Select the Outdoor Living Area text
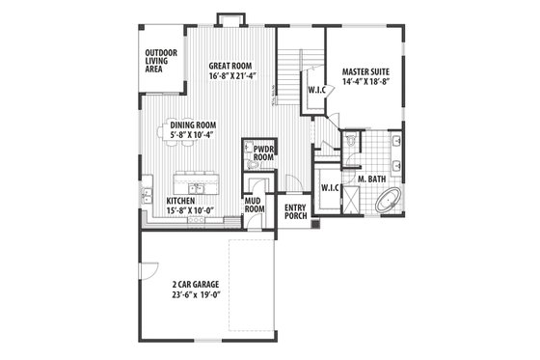(x=161, y=60)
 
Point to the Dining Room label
(x=193, y=125)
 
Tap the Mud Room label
(x=255, y=204)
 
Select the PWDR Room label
(x=264, y=153)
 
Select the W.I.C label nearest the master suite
(x=317, y=90)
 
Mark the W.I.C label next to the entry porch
(x=328, y=187)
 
